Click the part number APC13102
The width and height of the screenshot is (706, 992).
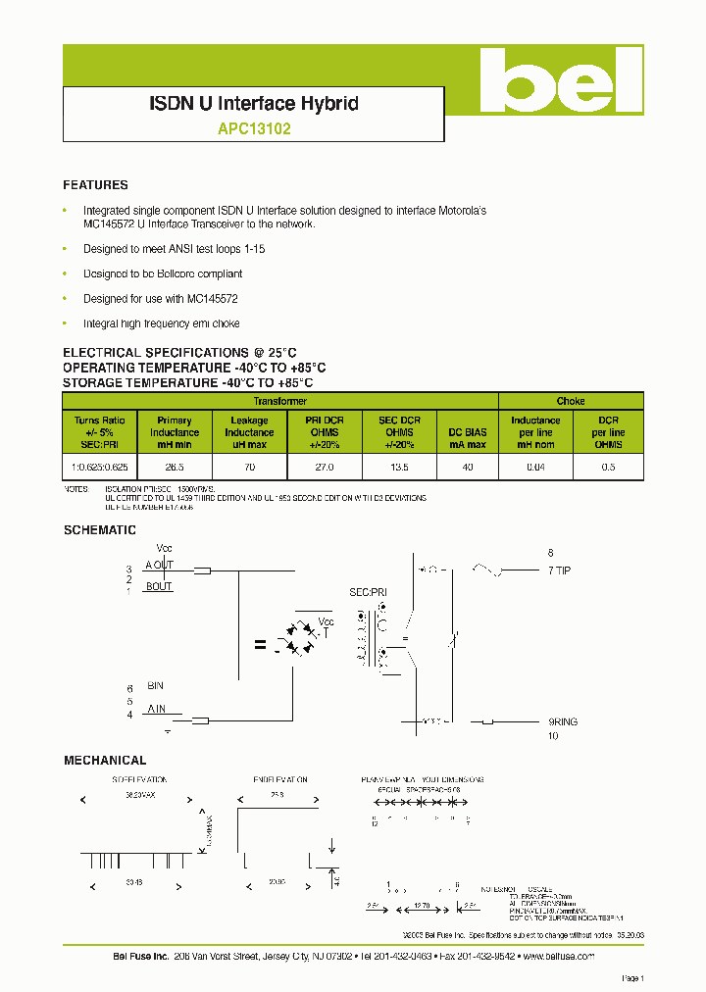(x=253, y=127)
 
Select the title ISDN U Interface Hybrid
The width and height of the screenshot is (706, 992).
(x=253, y=103)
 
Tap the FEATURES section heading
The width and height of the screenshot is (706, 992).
(x=95, y=184)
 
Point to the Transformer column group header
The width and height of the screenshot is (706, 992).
(x=280, y=401)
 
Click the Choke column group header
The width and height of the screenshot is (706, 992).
(x=571, y=401)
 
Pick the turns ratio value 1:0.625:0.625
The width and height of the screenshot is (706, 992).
(x=100, y=468)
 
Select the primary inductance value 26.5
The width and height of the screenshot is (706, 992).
(x=175, y=468)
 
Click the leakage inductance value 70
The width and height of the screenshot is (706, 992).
(x=249, y=468)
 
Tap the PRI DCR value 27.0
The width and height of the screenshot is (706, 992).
(x=325, y=468)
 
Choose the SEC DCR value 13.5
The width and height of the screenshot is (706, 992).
(x=399, y=468)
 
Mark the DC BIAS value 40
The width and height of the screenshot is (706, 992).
(x=467, y=468)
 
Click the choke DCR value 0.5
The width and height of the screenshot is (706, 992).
(x=608, y=468)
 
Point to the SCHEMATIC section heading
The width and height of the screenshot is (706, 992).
(x=99, y=530)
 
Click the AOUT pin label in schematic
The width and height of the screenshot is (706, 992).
(x=159, y=565)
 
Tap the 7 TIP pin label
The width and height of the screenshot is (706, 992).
(x=559, y=570)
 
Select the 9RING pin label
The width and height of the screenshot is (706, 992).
(x=563, y=721)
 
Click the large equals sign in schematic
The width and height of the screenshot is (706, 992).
(x=260, y=645)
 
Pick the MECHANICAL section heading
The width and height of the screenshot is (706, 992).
(x=105, y=760)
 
